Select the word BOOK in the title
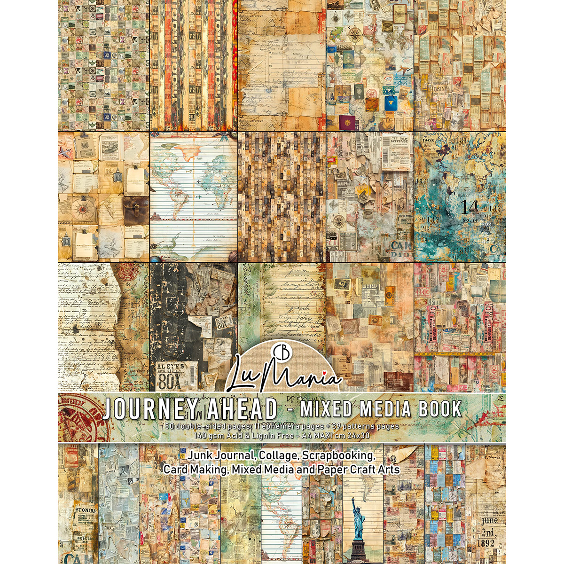[440, 408]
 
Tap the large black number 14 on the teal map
[470, 207]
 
